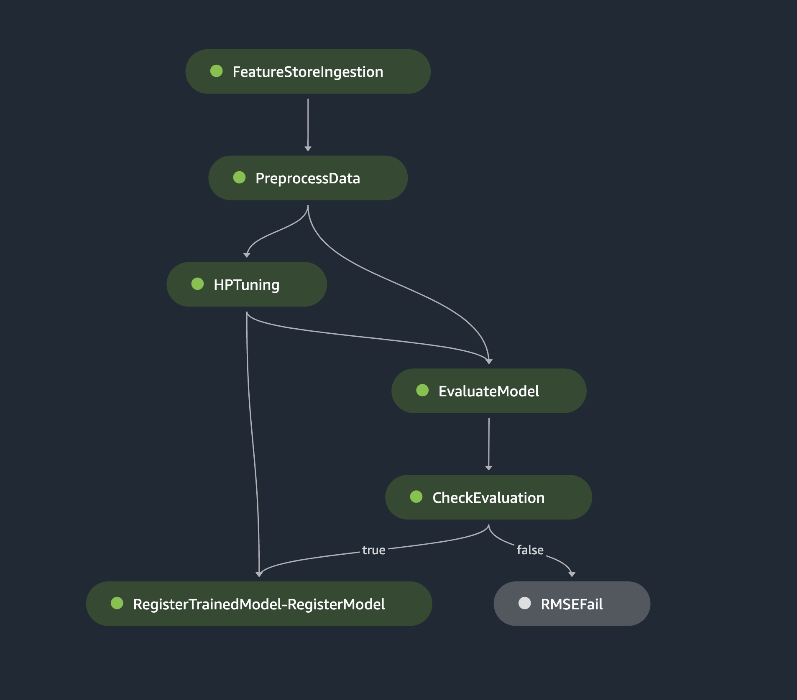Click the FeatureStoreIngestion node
[x=308, y=71]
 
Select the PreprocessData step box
[x=308, y=178]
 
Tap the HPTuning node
[x=247, y=284]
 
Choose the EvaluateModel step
[x=489, y=391]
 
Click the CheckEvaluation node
[x=488, y=497]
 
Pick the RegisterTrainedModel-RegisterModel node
[x=259, y=604]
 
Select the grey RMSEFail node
[x=572, y=604]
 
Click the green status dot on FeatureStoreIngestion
[x=216, y=71]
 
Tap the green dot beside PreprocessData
[x=239, y=178]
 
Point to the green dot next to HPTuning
[x=197, y=284]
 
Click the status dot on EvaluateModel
[x=422, y=390]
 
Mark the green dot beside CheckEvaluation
[x=416, y=497]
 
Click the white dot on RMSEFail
[x=524, y=603]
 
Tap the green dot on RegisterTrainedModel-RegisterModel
[x=117, y=603]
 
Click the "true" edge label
[x=374, y=550]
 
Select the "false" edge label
[x=530, y=550]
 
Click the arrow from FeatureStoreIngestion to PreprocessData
[x=308, y=125]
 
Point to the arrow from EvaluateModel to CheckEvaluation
[x=489, y=444]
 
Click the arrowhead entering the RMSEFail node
[x=572, y=575]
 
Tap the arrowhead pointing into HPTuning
[x=247, y=255]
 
